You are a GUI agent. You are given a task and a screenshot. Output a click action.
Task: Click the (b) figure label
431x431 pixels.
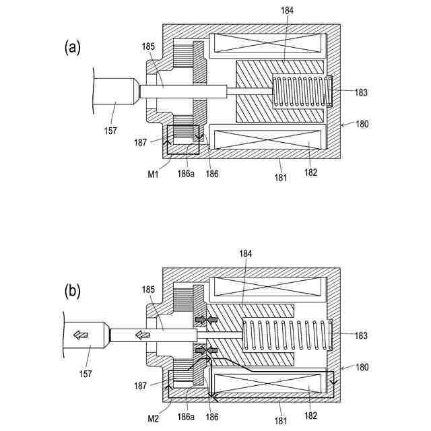click(x=72, y=291)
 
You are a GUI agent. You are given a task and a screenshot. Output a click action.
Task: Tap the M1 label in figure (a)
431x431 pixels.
click(x=153, y=175)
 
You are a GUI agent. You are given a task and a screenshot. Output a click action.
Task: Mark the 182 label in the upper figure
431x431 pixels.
click(x=310, y=173)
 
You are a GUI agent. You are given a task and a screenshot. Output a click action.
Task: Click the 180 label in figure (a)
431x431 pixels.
click(x=362, y=124)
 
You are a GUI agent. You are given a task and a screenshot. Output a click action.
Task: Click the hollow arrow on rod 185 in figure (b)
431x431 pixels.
click(x=142, y=335)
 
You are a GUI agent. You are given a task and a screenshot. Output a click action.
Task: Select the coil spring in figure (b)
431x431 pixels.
click(x=286, y=335)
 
